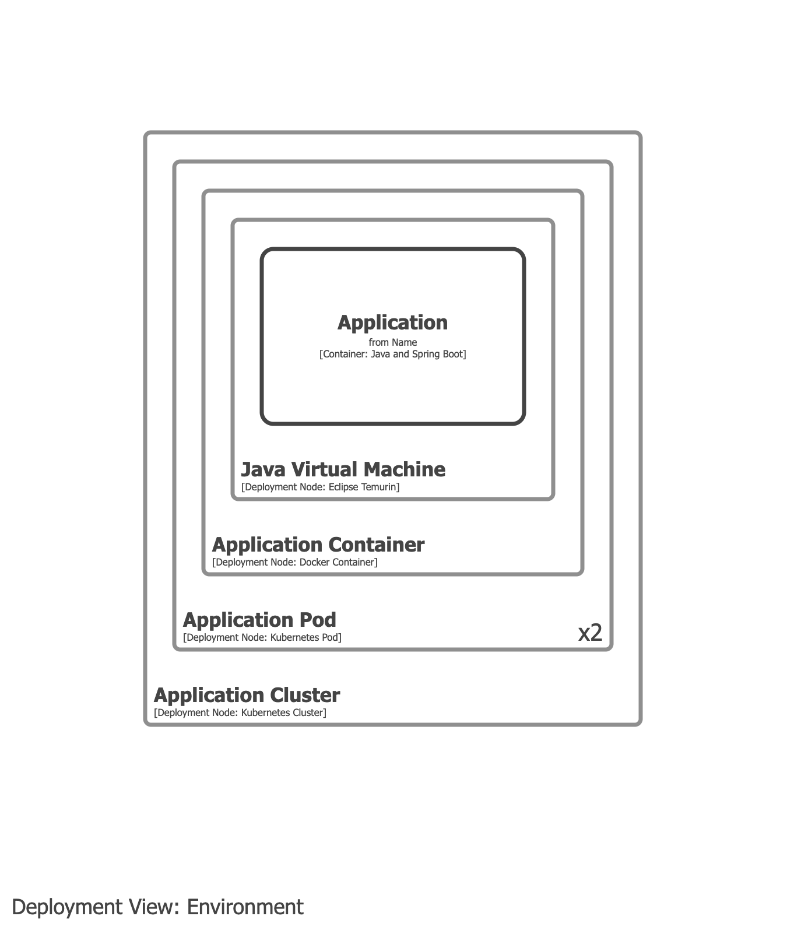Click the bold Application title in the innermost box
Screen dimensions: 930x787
[x=392, y=322]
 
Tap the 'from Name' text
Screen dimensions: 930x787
[x=392, y=342]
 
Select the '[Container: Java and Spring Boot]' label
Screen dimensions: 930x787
[x=392, y=354]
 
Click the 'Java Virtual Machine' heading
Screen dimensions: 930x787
[x=343, y=469]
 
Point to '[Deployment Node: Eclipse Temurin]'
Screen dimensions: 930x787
[x=320, y=487]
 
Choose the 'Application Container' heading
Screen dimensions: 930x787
[x=318, y=545]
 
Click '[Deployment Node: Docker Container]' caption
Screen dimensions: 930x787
[x=294, y=562]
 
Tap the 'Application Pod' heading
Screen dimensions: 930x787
[x=259, y=620]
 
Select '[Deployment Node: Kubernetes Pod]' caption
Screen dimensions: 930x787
[x=262, y=637]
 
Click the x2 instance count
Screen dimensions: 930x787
[x=590, y=633]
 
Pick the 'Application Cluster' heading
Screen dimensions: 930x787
[x=247, y=695]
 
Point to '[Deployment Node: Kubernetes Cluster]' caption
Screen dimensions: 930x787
[x=240, y=713]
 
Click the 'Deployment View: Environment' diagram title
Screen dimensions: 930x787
[x=157, y=907]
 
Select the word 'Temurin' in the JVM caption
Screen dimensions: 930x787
[x=380, y=487]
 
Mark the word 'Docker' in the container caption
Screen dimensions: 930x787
[x=314, y=562]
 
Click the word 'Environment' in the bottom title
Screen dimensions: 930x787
[x=245, y=907]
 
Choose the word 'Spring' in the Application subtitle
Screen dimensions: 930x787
[x=427, y=354]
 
